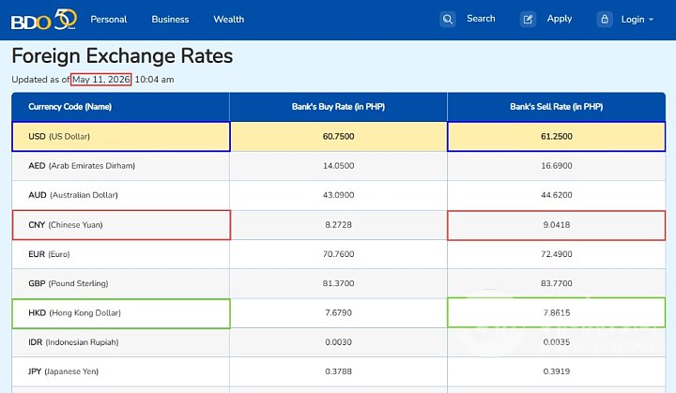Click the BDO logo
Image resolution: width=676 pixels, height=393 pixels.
coord(44,20)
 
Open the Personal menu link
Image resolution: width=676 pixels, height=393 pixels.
coord(109,20)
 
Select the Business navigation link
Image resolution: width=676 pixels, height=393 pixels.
coord(170,20)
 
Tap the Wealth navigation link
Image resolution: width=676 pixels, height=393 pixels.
coord(229,20)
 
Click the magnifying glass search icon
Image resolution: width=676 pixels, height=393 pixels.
coord(448,20)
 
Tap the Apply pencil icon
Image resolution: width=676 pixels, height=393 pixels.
coord(528,20)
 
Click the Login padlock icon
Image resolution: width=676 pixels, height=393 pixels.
coord(605,20)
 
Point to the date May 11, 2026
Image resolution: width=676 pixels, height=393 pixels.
coord(101,80)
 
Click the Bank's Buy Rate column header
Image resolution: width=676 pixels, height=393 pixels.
coord(338,107)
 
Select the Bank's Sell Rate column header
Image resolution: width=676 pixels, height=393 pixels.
coord(557,107)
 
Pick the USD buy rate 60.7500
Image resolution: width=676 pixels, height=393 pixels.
coord(338,137)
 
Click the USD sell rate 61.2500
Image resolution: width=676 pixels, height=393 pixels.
coord(557,137)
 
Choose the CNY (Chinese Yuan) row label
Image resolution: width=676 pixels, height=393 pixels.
coord(66,225)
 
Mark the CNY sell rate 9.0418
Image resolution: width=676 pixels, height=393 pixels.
coord(557,225)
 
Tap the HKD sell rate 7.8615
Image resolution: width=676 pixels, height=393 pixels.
coord(557,313)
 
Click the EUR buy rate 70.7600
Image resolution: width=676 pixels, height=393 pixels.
coord(338,254)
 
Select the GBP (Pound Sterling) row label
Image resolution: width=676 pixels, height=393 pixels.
coord(69,283)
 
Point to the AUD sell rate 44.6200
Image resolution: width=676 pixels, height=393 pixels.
coord(557,195)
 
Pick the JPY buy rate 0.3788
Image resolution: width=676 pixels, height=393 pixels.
coord(338,371)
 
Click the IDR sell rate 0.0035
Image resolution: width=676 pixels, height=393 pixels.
coord(557,342)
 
